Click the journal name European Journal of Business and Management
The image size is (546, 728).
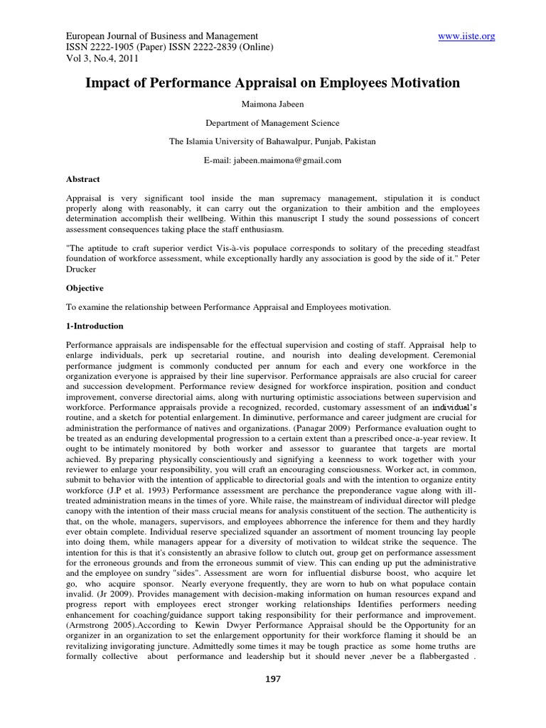point(161,36)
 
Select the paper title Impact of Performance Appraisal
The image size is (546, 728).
point(272,83)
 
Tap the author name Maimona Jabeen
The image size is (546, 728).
point(272,104)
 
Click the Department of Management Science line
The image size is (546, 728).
point(272,123)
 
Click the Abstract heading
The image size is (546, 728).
point(83,179)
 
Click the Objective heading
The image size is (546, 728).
point(85,288)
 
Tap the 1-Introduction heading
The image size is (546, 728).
point(95,326)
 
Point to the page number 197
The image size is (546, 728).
point(273,679)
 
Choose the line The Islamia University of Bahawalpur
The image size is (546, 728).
point(272,141)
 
